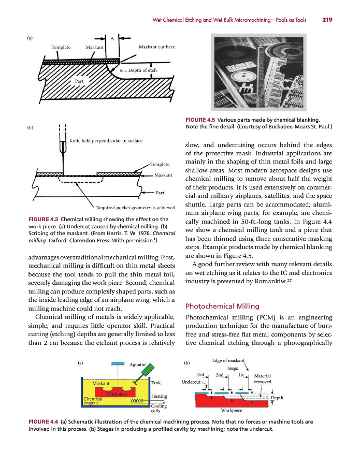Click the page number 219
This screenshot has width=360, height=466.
point(327,20)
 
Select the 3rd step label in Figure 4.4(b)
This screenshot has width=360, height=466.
point(203,375)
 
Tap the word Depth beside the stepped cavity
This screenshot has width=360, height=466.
point(277,398)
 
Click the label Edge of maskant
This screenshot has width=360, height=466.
point(228,361)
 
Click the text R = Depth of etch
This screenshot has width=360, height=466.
point(138,70)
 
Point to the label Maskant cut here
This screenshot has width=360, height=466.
point(157,47)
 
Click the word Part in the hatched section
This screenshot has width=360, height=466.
point(79,81)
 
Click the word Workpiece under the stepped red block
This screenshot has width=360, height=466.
point(232,411)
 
